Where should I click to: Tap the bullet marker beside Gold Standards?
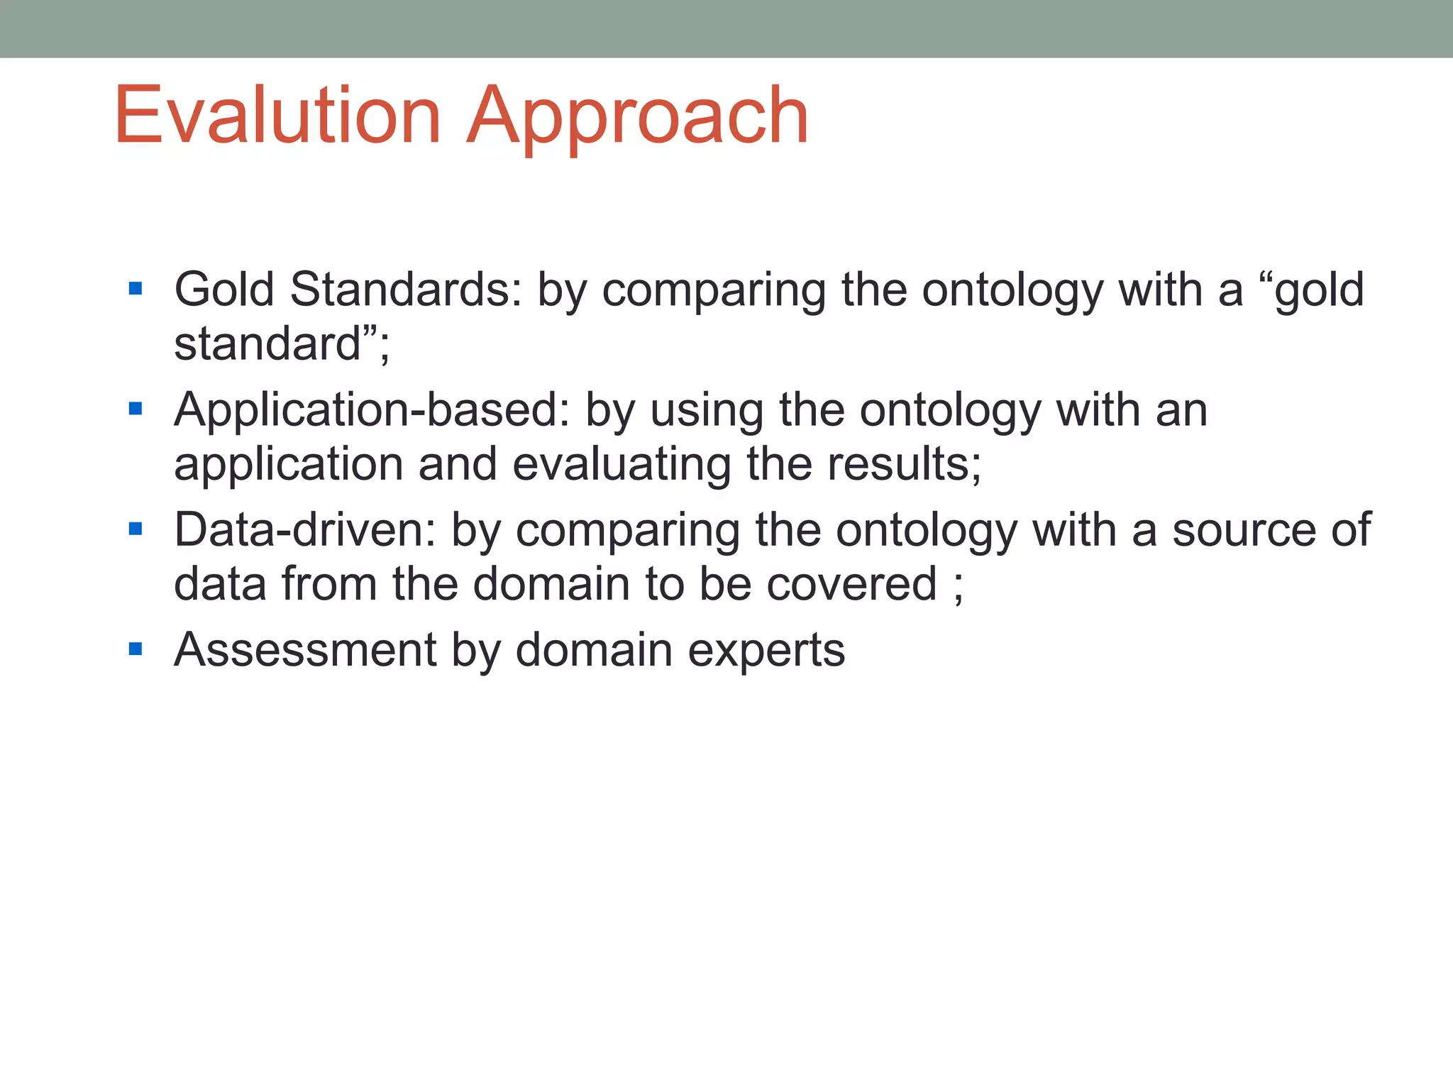[x=136, y=289]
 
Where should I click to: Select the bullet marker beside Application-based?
[x=136, y=409]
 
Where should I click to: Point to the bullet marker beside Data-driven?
[x=136, y=529]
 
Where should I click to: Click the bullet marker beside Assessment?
[x=136, y=649]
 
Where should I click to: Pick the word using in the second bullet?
[x=707, y=412]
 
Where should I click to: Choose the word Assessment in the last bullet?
[x=305, y=650]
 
